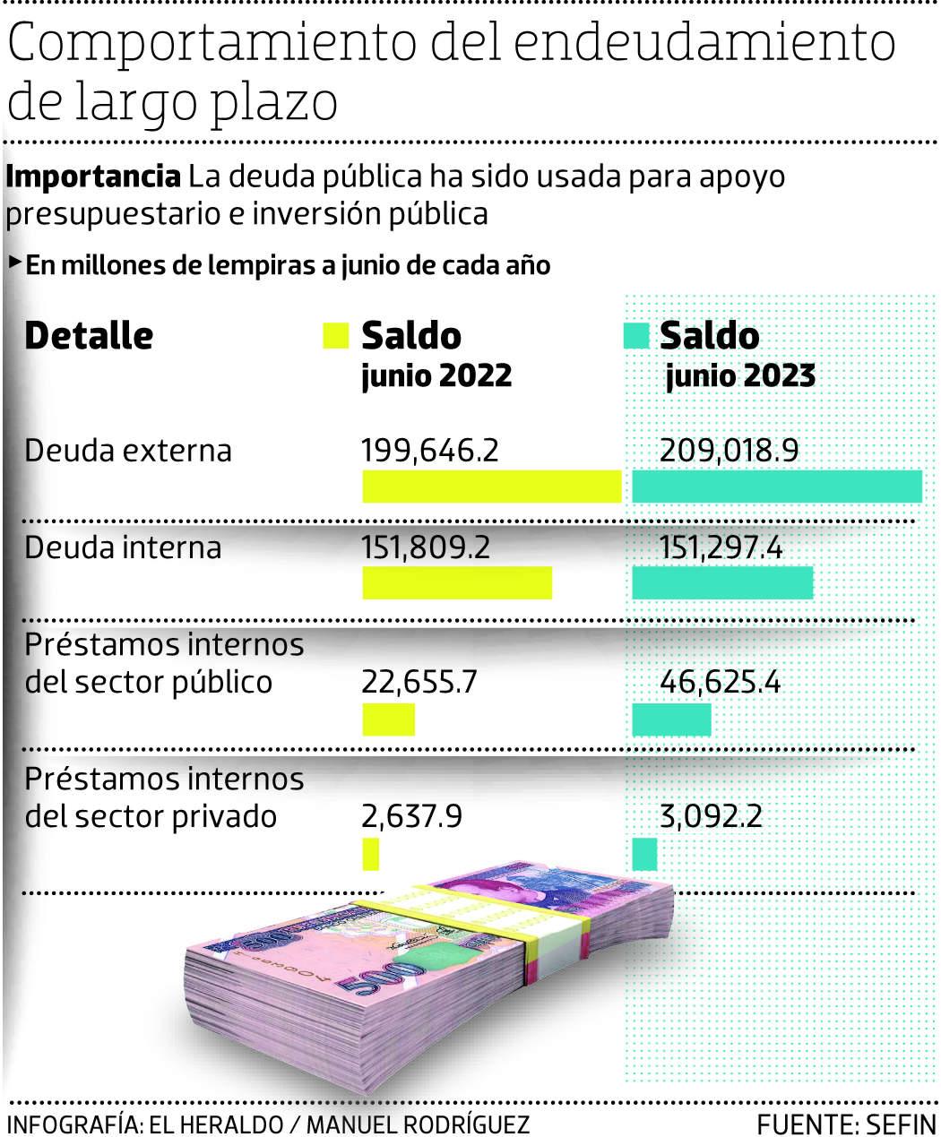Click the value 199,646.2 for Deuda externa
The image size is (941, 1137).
point(429,450)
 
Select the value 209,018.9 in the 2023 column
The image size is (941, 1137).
point(729,450)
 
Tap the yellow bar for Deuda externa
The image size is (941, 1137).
point(491,487)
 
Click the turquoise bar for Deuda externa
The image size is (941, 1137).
point(777,487)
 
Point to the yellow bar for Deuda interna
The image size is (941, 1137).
point(457,583)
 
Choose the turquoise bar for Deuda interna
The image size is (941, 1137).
point(722,583)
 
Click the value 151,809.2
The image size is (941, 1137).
point(426,547)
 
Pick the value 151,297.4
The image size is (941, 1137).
point(721,547)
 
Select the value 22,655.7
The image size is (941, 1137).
point(419,682)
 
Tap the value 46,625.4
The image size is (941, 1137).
point(720,682)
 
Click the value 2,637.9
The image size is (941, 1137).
point(411,816)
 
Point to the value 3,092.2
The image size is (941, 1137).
point(711,816)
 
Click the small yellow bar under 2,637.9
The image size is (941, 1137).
point(370,854)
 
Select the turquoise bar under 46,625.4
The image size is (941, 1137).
point(671,719)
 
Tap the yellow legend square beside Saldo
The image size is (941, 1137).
point(334,336)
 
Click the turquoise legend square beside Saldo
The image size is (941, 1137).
point(635,336)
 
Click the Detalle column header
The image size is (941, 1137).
point(89,336)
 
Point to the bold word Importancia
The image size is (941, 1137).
point(93,177)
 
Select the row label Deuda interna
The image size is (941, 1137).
point(123,547)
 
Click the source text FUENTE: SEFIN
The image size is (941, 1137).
point(845,1124)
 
